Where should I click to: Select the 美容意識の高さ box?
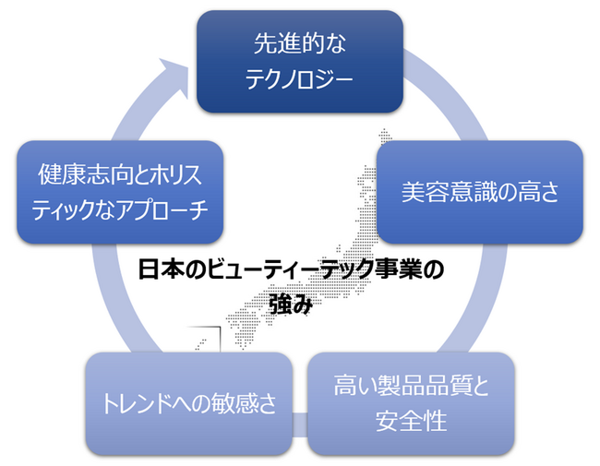tap(480, 191)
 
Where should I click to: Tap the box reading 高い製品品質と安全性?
tap(411, 403)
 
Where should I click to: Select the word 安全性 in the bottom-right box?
tap(411, 422)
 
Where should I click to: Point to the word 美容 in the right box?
tap(425, 191)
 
